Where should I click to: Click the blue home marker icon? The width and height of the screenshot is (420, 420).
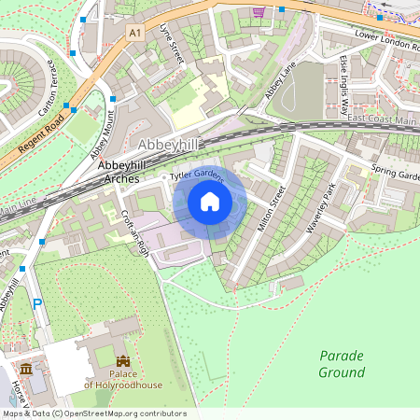point(210,202)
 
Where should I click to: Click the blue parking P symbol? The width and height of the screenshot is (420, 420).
point(37,303)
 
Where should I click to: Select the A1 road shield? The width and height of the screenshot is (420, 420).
point(135,33)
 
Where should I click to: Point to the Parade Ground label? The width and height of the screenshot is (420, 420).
point(342,364)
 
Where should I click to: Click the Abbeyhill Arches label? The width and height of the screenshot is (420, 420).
point(119,172)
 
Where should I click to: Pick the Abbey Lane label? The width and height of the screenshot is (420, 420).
point(279,85)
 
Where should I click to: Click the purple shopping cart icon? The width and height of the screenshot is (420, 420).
point(258,11)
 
